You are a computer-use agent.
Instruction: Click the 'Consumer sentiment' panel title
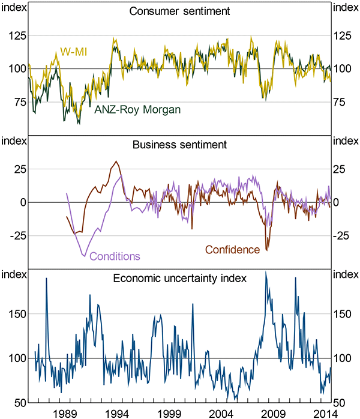pos(180,11)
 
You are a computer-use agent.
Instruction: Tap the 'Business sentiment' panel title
pos(180,145)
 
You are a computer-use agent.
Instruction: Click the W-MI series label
pos(73,53)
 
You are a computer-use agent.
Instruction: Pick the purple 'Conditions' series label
pos(115,256)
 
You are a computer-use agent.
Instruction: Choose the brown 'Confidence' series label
pos(233,249)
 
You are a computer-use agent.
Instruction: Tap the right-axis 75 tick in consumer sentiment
pos(343,102)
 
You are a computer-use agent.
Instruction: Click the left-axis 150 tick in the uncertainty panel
pos(16,314)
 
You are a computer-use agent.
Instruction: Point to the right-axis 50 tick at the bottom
pos(343,402)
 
